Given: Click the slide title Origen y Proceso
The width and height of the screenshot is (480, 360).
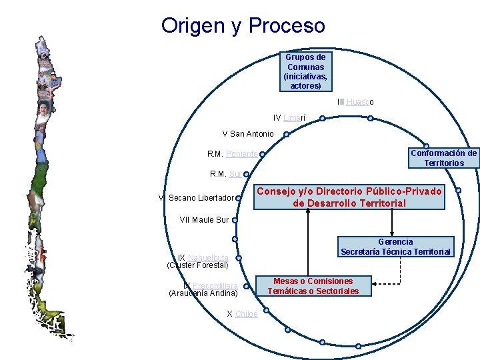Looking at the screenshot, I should tap(243, 26).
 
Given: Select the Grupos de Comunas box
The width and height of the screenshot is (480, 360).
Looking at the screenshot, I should tap(306, 72).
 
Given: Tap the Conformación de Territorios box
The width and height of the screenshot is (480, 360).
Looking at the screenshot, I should tap(443, 158).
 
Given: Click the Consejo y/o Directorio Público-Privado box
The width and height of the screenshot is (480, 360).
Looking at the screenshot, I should tap(349, 197).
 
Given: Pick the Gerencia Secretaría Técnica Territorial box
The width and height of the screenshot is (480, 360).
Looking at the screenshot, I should tap(395, 247).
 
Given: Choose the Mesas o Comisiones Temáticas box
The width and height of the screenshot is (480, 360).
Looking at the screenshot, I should tap(313, 286).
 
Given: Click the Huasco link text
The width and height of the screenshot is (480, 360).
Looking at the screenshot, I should tap(359, 102).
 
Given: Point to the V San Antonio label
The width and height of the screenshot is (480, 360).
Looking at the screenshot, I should tap(247, 134).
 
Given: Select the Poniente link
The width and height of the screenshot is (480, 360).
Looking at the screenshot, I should tap(241, 154).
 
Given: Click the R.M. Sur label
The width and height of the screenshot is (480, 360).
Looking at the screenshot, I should tap(226, 174).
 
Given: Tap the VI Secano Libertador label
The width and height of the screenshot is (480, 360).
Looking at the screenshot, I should tap(196, 198).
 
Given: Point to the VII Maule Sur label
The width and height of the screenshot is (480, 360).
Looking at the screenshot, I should tap(204, 219).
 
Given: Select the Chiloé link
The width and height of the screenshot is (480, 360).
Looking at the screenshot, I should tap(246, 313).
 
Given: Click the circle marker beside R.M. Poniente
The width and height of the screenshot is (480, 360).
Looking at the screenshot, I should tap(262, 154).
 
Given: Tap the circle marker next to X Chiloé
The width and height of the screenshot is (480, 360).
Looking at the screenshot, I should tap(263, 313).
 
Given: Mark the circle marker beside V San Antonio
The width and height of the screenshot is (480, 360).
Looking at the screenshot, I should tap(286, 134).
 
